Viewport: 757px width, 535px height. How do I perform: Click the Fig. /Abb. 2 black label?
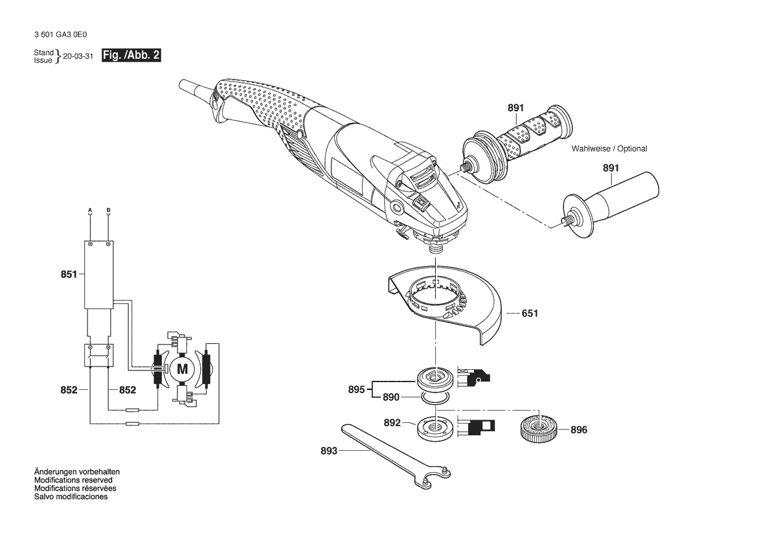tap(131, 55)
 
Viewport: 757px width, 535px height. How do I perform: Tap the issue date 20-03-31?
tap(78, 56)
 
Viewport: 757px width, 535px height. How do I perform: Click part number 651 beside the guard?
tap(530, 313)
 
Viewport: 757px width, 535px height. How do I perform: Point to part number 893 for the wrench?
tap(329, 451)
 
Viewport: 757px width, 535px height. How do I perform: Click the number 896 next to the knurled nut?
tap(579, 429)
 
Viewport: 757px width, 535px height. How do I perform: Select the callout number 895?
tap(356, 389)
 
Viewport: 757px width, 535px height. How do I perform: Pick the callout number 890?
tap(391, 397)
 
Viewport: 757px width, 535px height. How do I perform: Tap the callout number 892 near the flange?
tap(392, 423)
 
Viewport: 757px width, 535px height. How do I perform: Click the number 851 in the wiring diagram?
tap(69, 274)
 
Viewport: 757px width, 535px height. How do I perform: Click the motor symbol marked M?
tap(183, 369)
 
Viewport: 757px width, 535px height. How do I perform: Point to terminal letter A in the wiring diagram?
tap(90, 210)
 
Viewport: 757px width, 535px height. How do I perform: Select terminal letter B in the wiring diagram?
tap(108, 210)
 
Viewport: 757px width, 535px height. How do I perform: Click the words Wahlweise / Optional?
tap(609, 149)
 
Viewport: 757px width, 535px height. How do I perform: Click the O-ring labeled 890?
tap(435, 398)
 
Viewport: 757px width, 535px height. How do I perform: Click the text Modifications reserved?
tap(73, 480)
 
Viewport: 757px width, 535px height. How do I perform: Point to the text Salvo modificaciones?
tap(71, 496)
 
